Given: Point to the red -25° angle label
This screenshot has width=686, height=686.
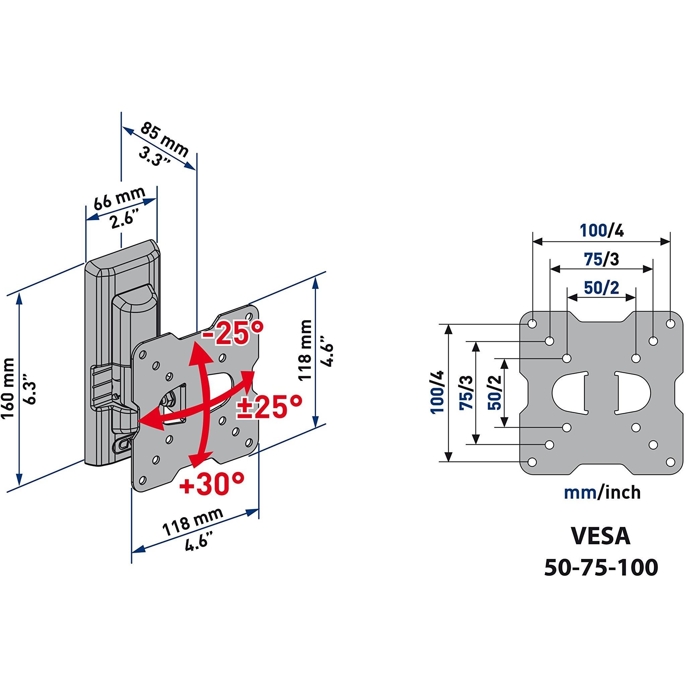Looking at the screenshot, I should point(232,333).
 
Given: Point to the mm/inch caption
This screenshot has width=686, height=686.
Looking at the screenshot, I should point(602,492).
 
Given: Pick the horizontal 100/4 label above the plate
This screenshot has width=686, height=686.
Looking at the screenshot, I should point(602,230).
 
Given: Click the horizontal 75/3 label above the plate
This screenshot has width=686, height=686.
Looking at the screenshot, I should point(602,259).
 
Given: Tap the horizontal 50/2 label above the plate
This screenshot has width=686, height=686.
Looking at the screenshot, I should point(602,288).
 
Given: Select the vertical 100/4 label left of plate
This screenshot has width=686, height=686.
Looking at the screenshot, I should point(438,392).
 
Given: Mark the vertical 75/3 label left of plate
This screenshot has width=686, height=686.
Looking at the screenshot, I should point(466,393).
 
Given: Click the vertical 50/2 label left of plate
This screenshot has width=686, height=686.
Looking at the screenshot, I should point(494,393).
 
